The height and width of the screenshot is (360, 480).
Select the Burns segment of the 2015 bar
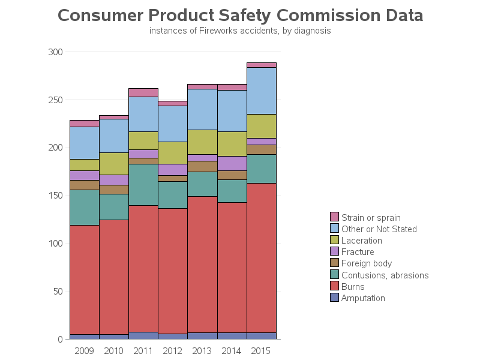pos(262,258)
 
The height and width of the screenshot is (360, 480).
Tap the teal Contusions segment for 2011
pos(143,185)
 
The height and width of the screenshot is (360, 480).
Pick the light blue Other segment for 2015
pos(262,91)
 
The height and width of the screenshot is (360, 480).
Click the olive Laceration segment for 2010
pos(114,164)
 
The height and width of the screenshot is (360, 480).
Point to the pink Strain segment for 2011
pos(143,92)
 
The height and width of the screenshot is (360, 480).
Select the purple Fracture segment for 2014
pos(232,163)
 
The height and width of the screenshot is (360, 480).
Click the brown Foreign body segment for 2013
pos(203,166)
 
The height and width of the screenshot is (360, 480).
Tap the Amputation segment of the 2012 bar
pos(173,337)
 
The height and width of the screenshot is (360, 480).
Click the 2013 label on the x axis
pos(203,350)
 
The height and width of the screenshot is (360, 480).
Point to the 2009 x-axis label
pos(84,350)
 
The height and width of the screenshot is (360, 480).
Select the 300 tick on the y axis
pos(55,52)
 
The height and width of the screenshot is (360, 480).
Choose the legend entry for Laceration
pos(362,241)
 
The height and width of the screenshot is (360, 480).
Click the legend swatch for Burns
pos(335,286)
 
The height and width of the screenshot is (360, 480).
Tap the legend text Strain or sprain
pos(371,218)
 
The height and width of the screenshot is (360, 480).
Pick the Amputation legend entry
pos(363,298)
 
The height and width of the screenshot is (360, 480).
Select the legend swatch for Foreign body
pos(335,263)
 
